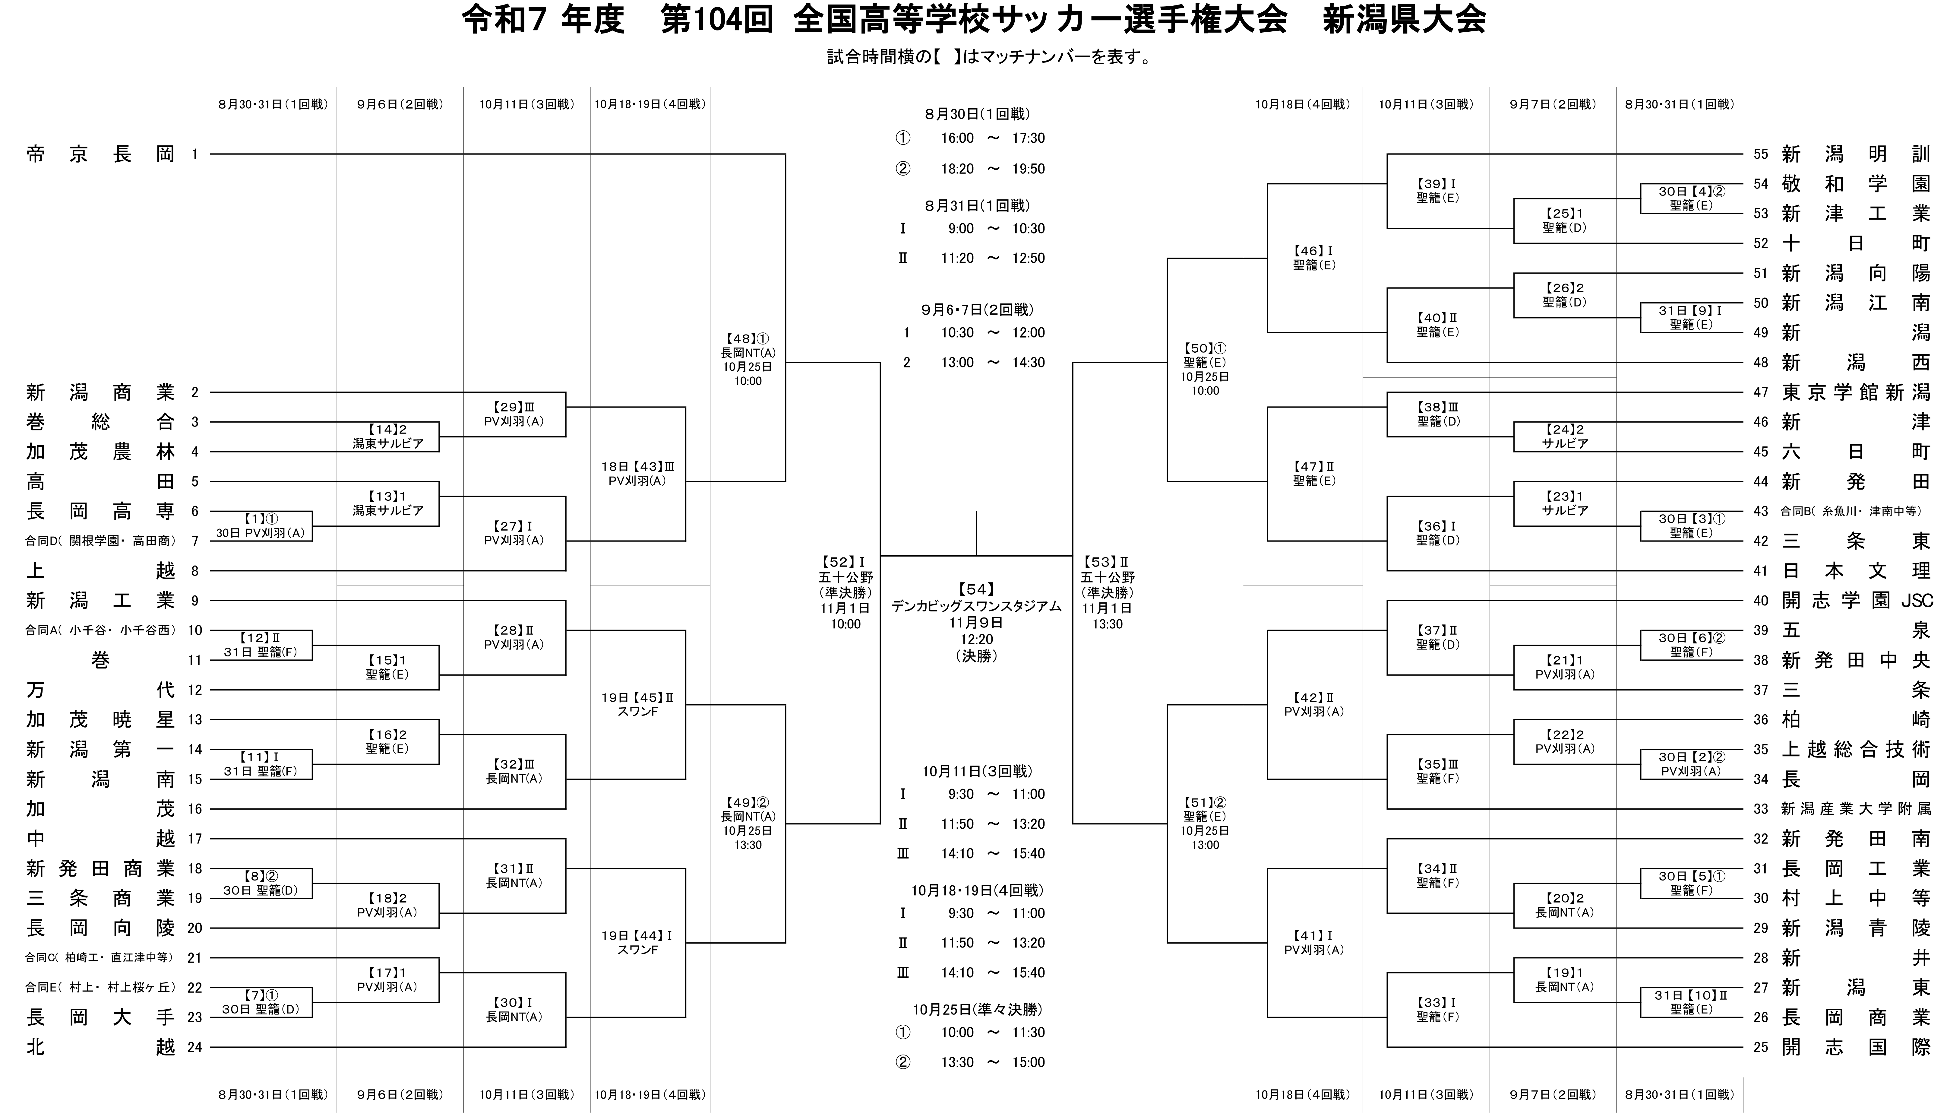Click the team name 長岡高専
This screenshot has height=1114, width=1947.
coord(100,511)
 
